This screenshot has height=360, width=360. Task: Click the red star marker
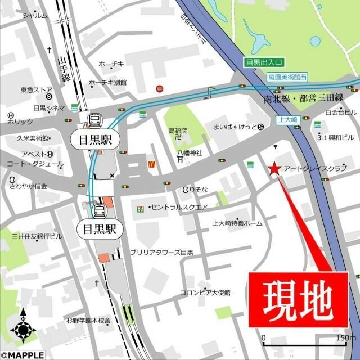[x=274, y=168]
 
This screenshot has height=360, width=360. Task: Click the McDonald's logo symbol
[x=151, y=164]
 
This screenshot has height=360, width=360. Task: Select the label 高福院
[x=178, y=130]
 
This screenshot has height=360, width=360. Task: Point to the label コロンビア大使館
[x=205, y=292]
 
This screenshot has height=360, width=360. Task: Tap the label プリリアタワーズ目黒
[x=161, y=253]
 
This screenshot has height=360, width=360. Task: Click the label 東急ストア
[x=37, y=89]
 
